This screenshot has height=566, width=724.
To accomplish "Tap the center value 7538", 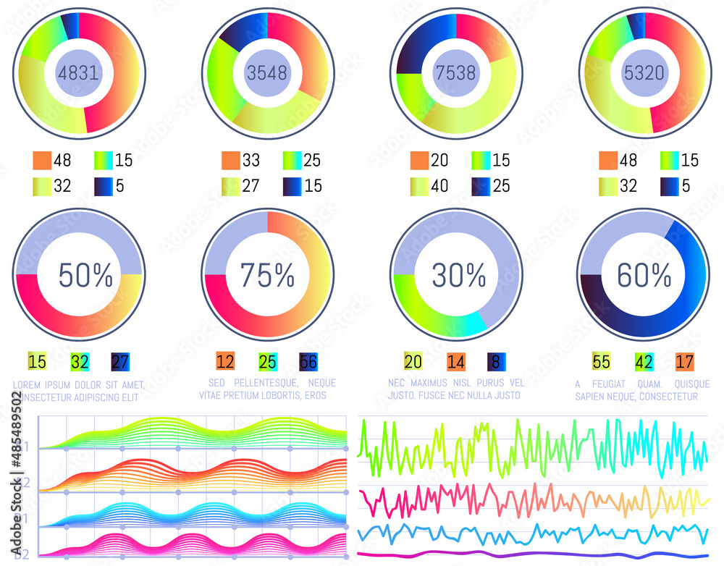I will pyautogui.click(x=456, y=72).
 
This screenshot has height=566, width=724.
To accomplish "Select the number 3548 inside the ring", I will pyautogui.click(x=267, y=72).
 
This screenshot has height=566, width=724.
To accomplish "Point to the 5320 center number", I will pyautogui.click(x=644, y=72).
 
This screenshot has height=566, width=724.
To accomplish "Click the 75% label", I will pyautogui.click(x=267, y=275).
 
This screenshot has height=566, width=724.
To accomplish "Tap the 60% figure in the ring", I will pyautogui.click(x=644, y=275).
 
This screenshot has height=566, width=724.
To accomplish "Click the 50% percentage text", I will pyautogui.click(x=85, y=275).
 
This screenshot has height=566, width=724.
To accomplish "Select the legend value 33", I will pyautogui.click(x=251, y=160).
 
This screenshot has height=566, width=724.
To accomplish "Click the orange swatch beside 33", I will pyautogui.click(x=231, y=160).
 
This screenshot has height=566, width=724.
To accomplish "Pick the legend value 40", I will pyautogui.click(x=439, y=186).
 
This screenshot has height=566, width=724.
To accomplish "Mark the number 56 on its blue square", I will pyautogui.click(x=308, y=361).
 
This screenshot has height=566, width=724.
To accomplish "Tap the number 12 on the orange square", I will pyautogui.click(x=225, y=361).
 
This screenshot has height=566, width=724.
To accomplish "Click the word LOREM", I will pyautogui.click(x=28, y=384).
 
